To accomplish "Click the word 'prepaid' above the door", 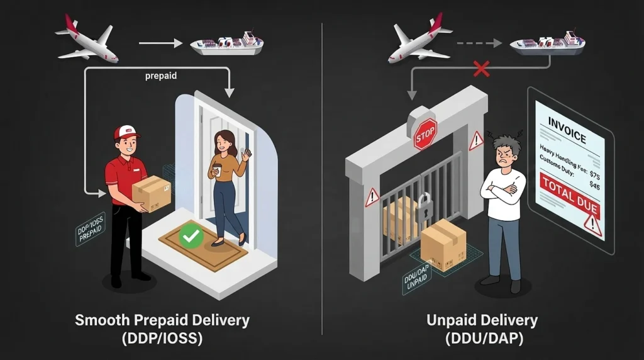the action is tap(161, 76).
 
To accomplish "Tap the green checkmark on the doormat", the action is tap(191, 236).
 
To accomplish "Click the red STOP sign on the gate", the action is tap(425, 134).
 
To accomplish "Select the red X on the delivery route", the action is tap(481, 69).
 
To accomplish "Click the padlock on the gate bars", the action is tap(425, 208).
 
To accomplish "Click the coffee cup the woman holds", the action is tap(217, 169).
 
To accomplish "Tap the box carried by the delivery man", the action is tap(152, 193).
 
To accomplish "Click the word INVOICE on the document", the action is tap(567, 130).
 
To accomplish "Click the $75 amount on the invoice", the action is tap(594, 174).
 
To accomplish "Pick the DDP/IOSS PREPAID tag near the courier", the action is tap(91, 229).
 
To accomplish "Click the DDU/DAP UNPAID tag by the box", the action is tap(416, 278).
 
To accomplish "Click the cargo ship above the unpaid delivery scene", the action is tap(548, 43).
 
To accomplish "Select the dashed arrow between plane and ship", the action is tap(479, 43).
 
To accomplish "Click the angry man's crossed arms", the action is tap(503, 191).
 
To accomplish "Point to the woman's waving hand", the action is tap(247, 156).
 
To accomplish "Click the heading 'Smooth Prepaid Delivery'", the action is tap(162, 320).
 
